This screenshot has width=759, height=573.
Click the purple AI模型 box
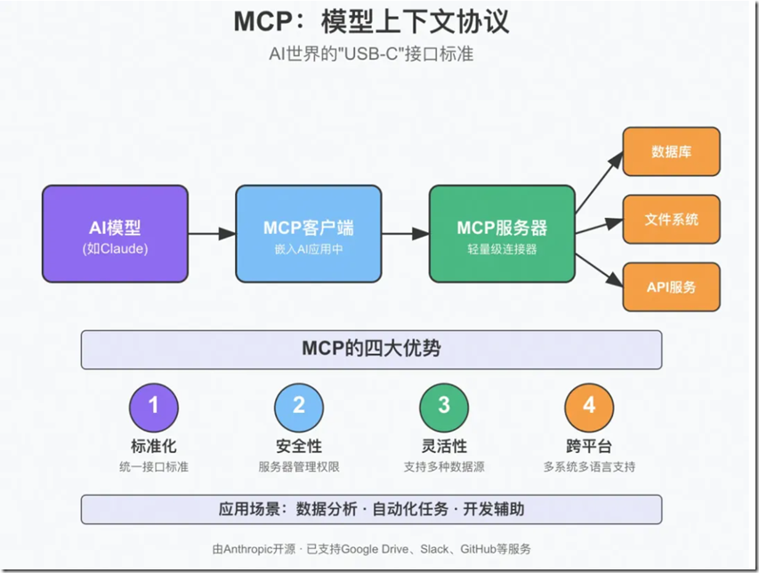click(x=115, y=234)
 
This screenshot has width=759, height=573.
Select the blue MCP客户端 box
click(x=308, y=234)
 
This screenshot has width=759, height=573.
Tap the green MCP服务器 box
click(x=502, y=234)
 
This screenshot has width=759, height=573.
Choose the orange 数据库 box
click(x=671, y=151)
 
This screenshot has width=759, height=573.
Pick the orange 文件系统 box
click(x=671, y=219)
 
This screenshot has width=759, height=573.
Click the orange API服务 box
click(x=671, y=286)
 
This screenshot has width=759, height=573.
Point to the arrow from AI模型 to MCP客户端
click(x=211, y=234)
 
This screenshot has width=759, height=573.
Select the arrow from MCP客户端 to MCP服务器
click(x=405, y=234)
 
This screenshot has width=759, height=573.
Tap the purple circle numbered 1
click(x=153, y=406)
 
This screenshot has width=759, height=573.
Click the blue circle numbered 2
click(x=298, y=406)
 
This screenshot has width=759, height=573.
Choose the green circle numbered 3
click(x=444, y=406)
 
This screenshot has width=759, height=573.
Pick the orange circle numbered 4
click(x=589, y=406)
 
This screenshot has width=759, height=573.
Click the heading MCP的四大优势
click(x=371, y=349)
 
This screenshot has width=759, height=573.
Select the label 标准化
click(x=153, y=446)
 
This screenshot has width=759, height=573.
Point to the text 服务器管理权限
click(x=298, y=466)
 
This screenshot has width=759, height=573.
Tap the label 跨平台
click(x=589, y=446)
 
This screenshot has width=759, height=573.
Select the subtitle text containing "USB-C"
click(x=371, y=53)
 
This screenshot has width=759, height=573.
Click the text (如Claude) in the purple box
click(x=115, y=249)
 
